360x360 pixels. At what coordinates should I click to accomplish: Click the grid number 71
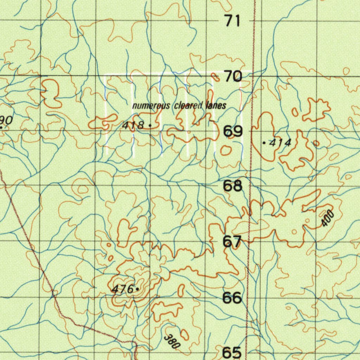click(233, 21)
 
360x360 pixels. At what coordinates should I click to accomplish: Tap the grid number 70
click(233, 76)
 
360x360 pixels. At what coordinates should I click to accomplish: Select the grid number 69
click(233, 131)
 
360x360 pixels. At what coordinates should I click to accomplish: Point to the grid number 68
click(233, 186)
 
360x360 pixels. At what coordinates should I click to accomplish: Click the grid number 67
click(232, 242)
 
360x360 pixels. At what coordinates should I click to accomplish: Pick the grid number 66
click(232, 298)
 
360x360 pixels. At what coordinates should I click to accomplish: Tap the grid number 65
click(232, 352)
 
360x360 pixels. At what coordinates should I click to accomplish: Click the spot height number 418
click(133, 125)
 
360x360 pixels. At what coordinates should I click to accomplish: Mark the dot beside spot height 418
click(150, 125)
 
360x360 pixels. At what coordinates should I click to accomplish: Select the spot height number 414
click(280, 143)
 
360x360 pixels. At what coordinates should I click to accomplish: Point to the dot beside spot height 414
click(264, 143)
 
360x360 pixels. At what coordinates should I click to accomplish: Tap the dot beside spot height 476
click(137, 289)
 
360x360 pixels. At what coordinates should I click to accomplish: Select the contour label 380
click(172, 341)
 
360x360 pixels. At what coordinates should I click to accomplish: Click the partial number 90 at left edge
click(6, 121)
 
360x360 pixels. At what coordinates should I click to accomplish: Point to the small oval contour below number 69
click(226, 151)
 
